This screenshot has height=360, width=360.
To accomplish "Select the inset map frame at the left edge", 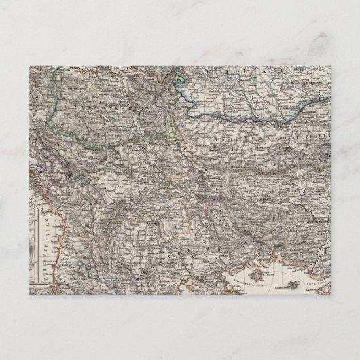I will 33,245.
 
